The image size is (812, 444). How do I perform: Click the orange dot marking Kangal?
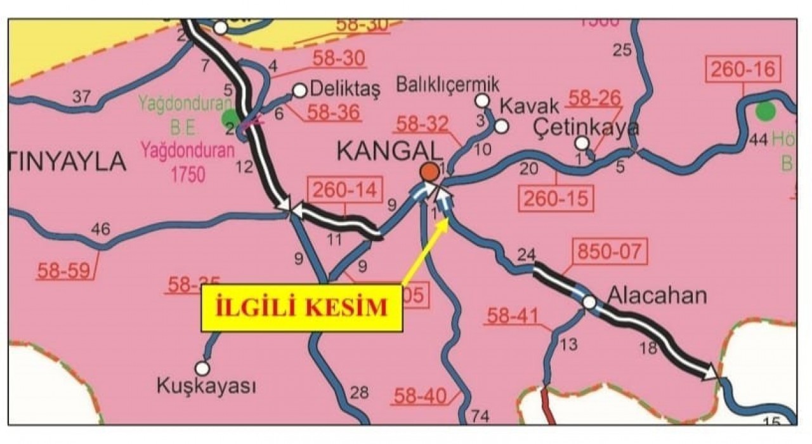(x=430, y=171)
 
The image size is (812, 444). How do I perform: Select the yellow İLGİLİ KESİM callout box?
(x=302, y=308)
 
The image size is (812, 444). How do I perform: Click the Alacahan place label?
(x=657, y=296)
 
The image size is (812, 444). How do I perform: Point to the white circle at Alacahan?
(x=589, y=303)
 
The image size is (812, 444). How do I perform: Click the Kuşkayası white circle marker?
(x=202, y=367)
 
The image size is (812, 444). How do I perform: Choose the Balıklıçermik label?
(x=449, y=84)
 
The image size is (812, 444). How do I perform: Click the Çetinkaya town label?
(x=586, y=127)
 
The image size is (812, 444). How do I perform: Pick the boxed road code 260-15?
(x=557, y=199)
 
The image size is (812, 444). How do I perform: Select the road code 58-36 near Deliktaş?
(x=333, y=112)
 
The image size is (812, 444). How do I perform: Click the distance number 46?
(x=100, y=229)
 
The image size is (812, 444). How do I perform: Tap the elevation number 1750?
(x=189, y=174)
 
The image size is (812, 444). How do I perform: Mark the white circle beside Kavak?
(x=501, y=126)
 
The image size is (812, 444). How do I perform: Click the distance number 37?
(x=81, y=98)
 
